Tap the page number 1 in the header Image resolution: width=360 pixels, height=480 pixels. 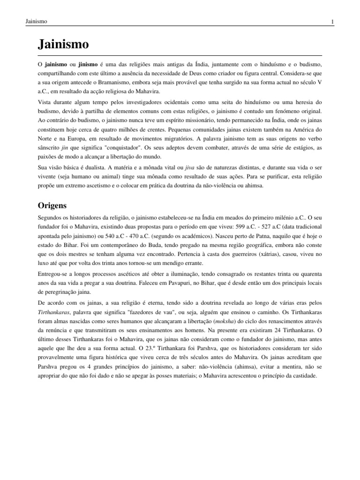(x=332, y=22)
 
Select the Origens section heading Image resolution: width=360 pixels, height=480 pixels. (x=52, y=205)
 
